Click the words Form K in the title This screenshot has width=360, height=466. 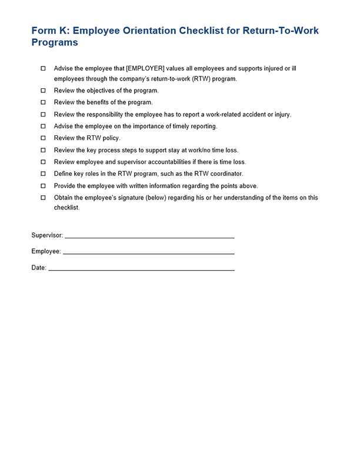click(49, 31)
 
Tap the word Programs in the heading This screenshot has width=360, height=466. click(55, 43)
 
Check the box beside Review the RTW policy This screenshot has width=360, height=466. click(43, 138)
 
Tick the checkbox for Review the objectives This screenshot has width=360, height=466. click(43, 91)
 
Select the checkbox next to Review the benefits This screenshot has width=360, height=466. click(43, 102)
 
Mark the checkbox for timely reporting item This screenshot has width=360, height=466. click(43, 127)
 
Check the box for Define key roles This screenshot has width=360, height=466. click(43, 174)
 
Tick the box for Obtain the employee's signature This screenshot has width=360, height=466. click(43, 198)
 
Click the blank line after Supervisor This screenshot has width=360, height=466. click(149, 236)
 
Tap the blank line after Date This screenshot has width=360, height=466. click(141, 268)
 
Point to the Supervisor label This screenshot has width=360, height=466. click(47, 235)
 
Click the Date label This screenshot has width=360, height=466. click(39, 268)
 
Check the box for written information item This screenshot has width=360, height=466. click(43, 186)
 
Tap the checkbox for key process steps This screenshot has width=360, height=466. click(43, 150)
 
